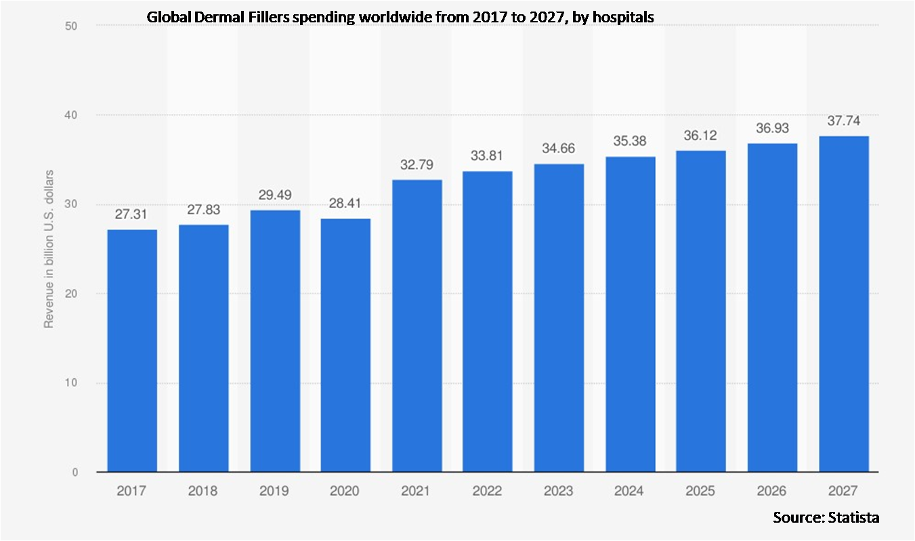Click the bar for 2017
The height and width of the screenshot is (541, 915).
[132, 350]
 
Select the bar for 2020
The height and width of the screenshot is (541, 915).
[345, 345]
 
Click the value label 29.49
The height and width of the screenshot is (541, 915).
[274, 195]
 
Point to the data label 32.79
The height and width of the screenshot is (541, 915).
[417, 165]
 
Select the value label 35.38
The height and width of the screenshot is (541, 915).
[630, 142]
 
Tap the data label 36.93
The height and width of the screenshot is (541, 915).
[772, 128]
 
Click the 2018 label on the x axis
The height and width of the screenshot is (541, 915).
[203, 491]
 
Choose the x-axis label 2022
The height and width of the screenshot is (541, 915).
[488, 491]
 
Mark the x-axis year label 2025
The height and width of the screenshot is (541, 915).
[701, 491]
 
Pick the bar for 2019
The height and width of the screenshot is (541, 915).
[274, 341]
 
